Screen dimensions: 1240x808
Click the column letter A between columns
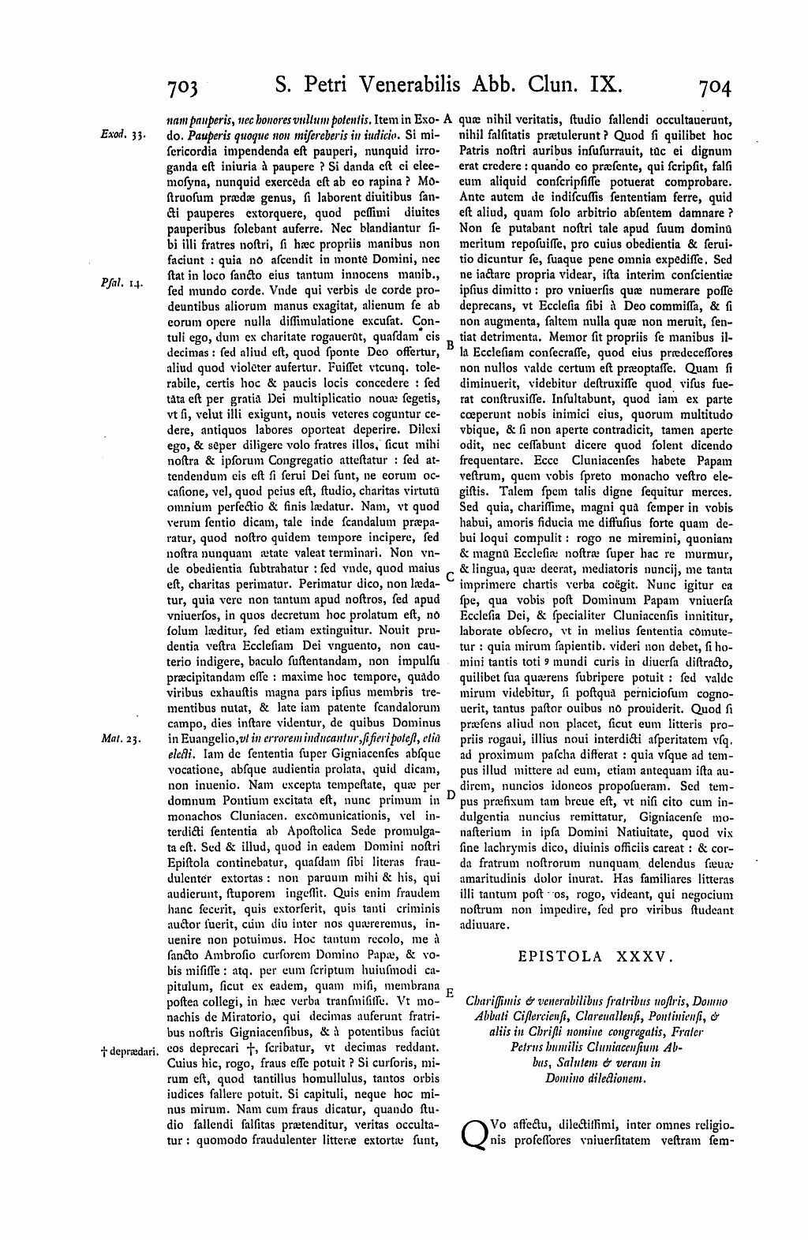tap(447, 120)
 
